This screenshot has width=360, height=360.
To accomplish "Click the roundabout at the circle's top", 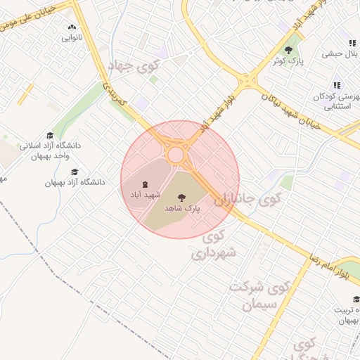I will click(176, 153).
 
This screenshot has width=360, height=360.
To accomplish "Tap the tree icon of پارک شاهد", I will click(182, 198).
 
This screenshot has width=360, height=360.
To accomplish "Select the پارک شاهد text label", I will click(183, 209).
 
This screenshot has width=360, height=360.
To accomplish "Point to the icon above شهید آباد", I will click(145, 184).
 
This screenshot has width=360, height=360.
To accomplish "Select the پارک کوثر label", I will click(288, 61).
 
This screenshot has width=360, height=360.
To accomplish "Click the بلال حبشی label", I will click(342, 53).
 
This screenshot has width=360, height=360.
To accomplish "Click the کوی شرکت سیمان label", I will click(260, 296).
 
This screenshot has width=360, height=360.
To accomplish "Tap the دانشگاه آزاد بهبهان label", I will click(75, 181).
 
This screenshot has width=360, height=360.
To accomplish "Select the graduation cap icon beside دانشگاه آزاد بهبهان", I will click(75, 171).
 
